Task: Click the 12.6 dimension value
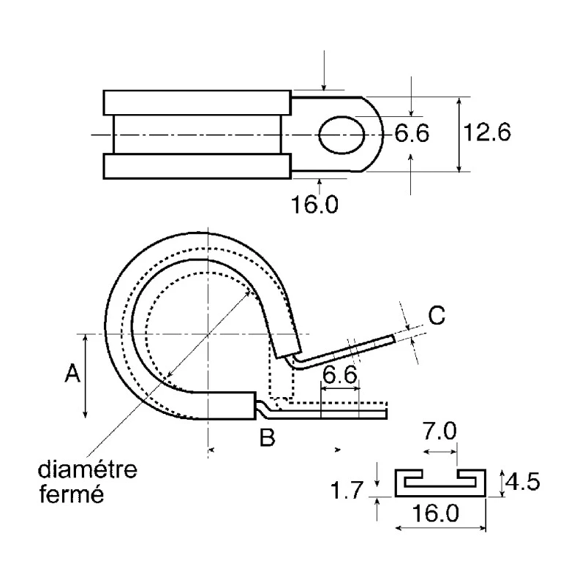[487, 132]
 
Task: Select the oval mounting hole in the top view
[341, 135]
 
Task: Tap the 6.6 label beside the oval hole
[412, 133]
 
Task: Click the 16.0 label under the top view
[314, 204]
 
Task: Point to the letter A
[72, 373]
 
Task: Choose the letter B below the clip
[268, 437]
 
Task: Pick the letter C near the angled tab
[437, 315]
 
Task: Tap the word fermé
[71, 494]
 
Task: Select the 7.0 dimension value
[439, 431]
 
